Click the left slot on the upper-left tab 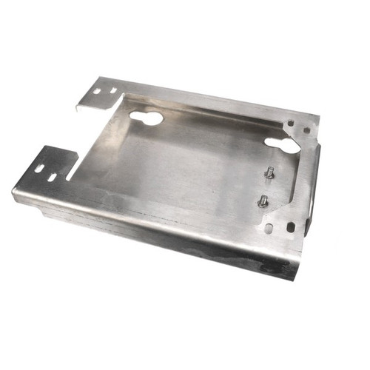point(98,92)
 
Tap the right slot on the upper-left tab point(113,90)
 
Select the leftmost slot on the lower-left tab point(39,169)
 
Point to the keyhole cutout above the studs point(282,144)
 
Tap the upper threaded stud point(269,172)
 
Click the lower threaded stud point(263,200)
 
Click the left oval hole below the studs point(269,229)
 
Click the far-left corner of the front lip point(13,195)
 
